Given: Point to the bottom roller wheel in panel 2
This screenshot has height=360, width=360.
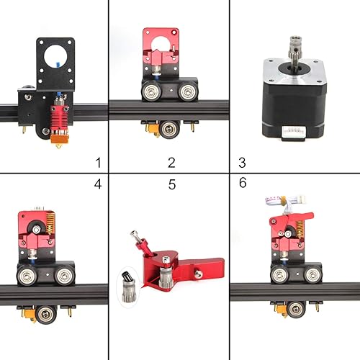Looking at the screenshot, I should pyautogui.click(x=170, y=129).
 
